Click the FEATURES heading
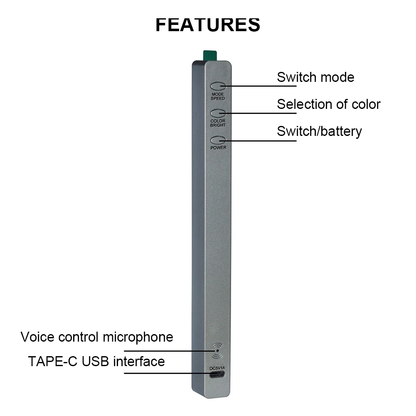(x=208, y=25)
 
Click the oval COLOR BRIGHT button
(x=218, y=113)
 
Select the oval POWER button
(x=218, y=140)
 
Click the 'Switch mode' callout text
(x=315, y=77)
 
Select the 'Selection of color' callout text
(x=328, y=104)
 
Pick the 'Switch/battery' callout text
(x=319, y=131)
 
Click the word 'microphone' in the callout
(x=138, y=337)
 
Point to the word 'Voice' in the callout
(x=38, y=337)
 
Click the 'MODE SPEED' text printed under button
(x=218, y=96)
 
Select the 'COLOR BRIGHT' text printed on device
(x=218, y=123)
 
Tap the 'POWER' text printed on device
(x=218, y=148)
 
